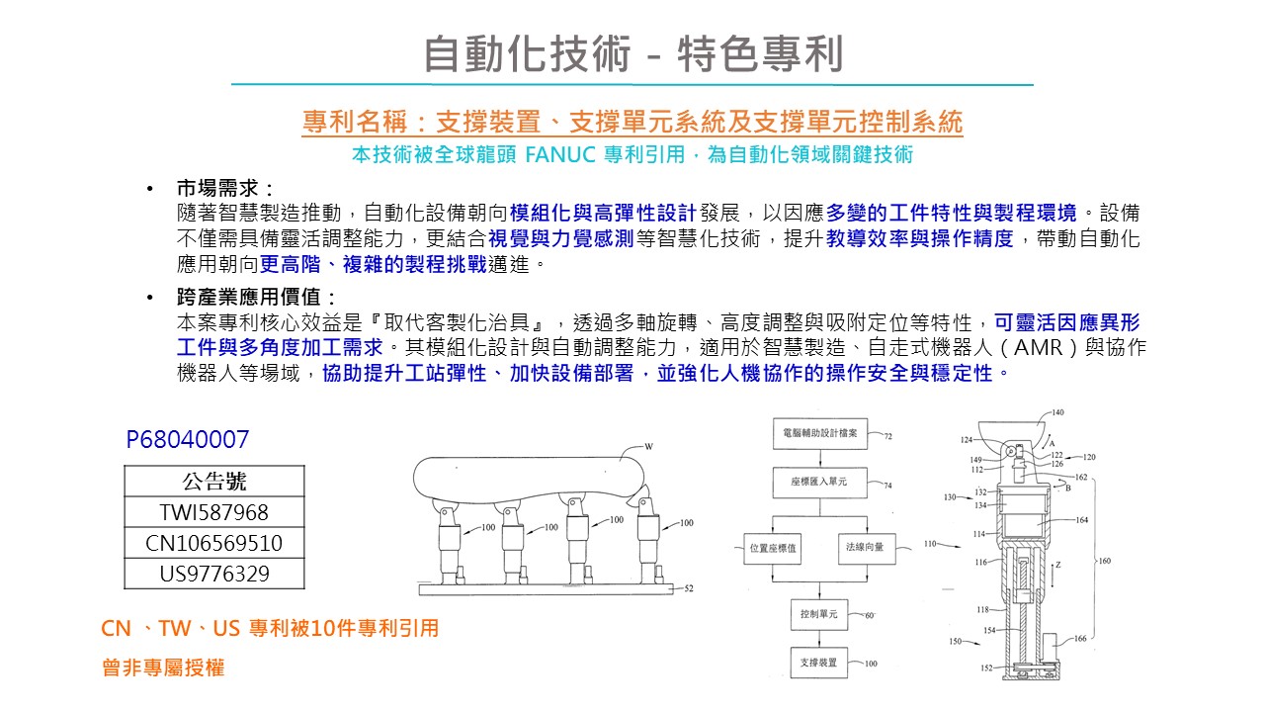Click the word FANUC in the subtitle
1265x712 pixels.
pyautogui.click(x=559, y=155)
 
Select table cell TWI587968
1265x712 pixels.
pyautogui.click(x=214, y=512)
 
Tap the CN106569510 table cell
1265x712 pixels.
pyautogui.click(x=214, y=543)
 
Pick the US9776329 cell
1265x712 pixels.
pyautogui.click(x=214, y=574)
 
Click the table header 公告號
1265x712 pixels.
pyautogui.click(x=214, y=482)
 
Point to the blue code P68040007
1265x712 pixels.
pyautogui.click(x=188, y=440)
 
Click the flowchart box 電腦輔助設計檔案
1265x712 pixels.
pyautogui.click(x=819, y=433)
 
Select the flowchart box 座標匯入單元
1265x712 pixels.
pyautogui.click(x=819, y=484)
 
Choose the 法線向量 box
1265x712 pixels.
pyautogui.click(x=865, y=546)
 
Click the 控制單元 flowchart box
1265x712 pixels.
pyautogui.click(x=819, y=614)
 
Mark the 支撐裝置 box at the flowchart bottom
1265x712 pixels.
pyautogui.click(x=819, y=662)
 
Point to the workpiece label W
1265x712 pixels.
pyautogui.click(x=649, y=446)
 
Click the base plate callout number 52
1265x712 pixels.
pyautogui.click(x=689, y=588)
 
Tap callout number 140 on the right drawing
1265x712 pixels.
pyautogui.click(x=1057, y=412)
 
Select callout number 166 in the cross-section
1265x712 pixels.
pyautogui.click(x=1080, y=639)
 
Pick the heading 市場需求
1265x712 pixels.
pyautogui.click(x=223, y=188)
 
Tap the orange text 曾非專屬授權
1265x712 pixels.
pyautogui.click(x=163, y=668)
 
